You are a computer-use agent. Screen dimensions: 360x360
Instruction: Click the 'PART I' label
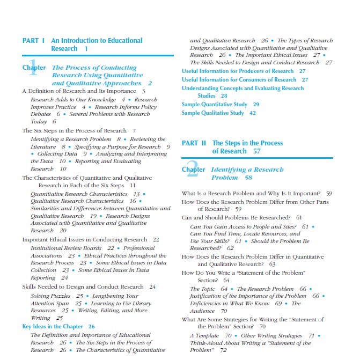pos(33,40)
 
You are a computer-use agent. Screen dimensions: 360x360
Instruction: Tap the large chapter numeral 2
pos(192,167)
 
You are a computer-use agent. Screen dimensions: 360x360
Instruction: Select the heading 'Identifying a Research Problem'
pos(247,173)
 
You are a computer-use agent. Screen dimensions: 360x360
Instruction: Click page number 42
pos(253,113)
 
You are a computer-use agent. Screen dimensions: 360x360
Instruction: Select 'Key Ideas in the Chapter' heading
pos(53,326)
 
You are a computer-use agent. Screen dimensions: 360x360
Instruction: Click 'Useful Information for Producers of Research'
pos(238,71)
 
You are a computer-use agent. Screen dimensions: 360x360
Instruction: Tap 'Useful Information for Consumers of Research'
pos(239,79)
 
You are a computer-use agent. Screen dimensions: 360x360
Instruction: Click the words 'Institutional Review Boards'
pos(66,248)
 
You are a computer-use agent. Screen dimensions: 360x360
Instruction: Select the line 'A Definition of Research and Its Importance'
pos(79,91)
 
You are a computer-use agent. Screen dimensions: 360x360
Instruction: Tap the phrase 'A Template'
pos(204,336)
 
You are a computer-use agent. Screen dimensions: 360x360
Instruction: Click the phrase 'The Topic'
pos(203,289)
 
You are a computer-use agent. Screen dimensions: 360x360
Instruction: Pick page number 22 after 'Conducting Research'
pos(156,240)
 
